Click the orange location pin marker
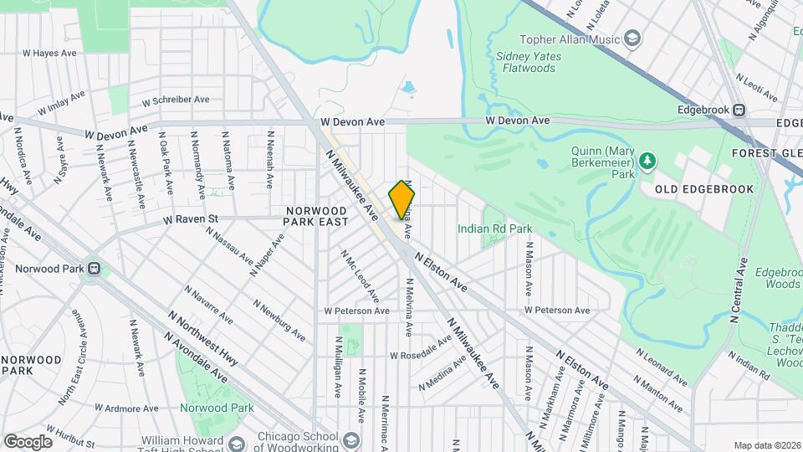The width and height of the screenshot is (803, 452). (x=401, y=199)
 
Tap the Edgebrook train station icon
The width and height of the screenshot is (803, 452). (x=739, y=110)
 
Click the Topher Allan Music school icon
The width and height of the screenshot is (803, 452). (x=633, y=39)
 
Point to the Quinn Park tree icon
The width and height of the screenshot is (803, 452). (x=647, y=159)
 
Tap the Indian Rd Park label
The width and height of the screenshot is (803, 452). (x=494, y=228)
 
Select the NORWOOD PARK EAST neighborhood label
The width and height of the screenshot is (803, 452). (x=316, y=216)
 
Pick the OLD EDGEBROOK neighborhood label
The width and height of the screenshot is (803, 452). (x=704, y=189)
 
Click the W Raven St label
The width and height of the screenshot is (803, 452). (x=190, y=219)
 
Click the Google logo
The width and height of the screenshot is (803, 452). (x=28, y=441)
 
